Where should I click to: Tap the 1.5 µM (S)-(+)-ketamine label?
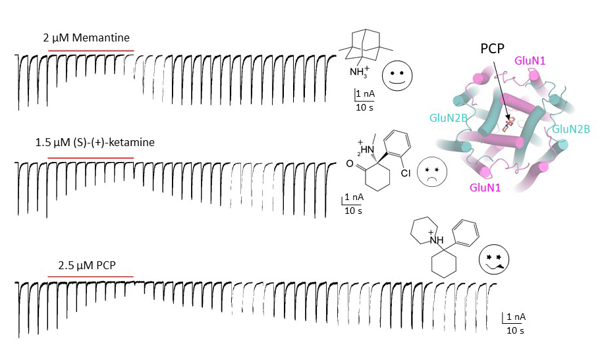[95, 142]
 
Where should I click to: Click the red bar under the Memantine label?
[91, 51]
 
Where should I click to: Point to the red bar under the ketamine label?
[91, 159]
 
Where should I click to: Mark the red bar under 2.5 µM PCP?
[91, 277]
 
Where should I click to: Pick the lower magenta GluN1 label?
[485, 188]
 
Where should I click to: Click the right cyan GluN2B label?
[570, 129]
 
